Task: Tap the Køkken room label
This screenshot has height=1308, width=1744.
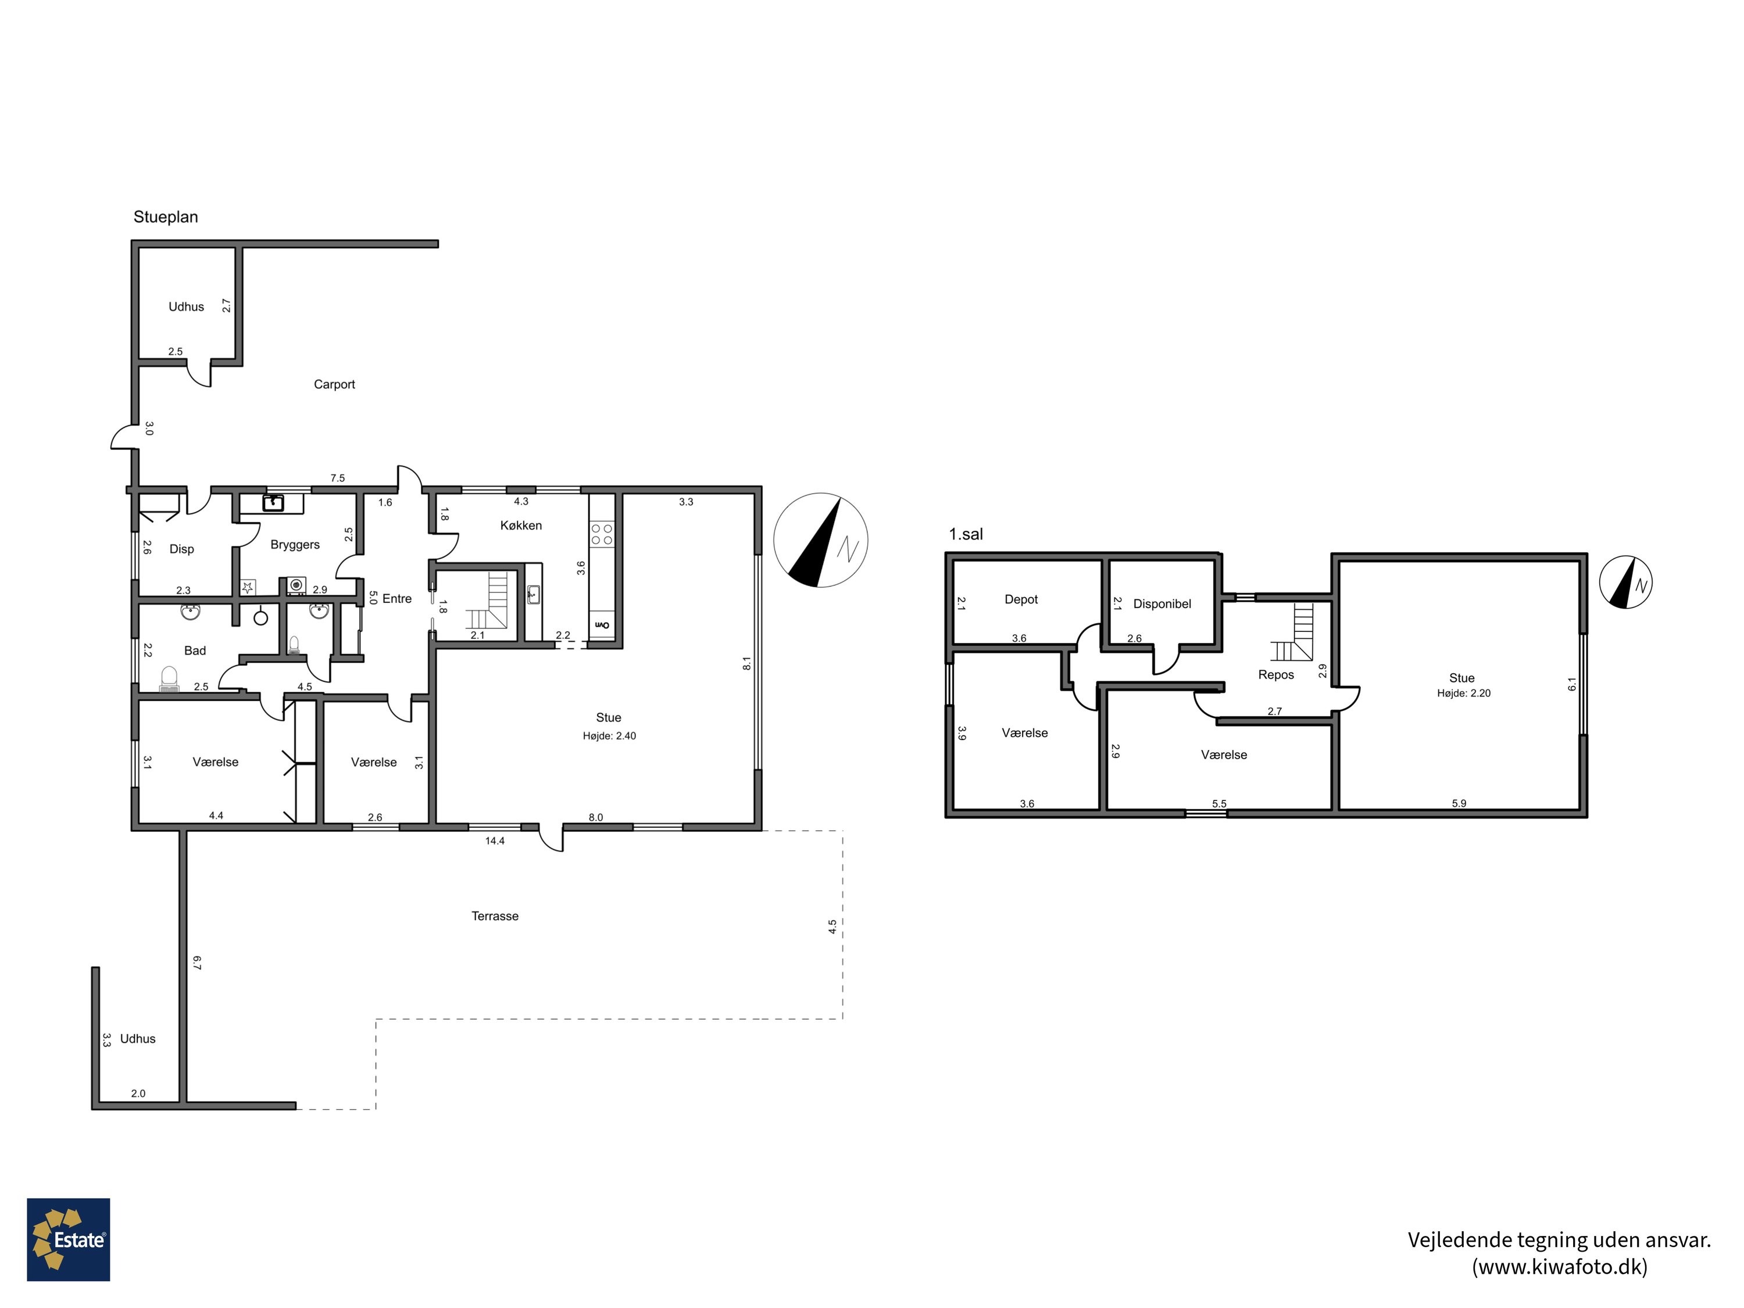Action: (x=520, y=525)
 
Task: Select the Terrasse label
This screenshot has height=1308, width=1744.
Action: (x=495, y=916)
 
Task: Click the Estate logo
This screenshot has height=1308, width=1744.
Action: (x=69, y=1239)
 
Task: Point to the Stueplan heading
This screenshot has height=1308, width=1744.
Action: (x=166, y=217)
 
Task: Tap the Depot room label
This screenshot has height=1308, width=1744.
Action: (x=1021, y=599)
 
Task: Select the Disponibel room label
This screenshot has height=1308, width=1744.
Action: (x=1162, y=604)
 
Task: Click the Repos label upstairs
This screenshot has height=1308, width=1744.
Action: (x=1275, y=675)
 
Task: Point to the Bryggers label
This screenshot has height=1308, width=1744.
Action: (x=295, y=545)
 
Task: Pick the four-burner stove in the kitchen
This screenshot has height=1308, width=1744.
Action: (x=602, y=535)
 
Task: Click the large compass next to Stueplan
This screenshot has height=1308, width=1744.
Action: (x=821, y=540)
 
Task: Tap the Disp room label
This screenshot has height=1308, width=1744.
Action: (x=181, y=549)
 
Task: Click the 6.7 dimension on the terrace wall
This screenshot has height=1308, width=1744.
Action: (x=197, y=963)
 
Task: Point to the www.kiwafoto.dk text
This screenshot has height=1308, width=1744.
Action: (x=1560, y=1267)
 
